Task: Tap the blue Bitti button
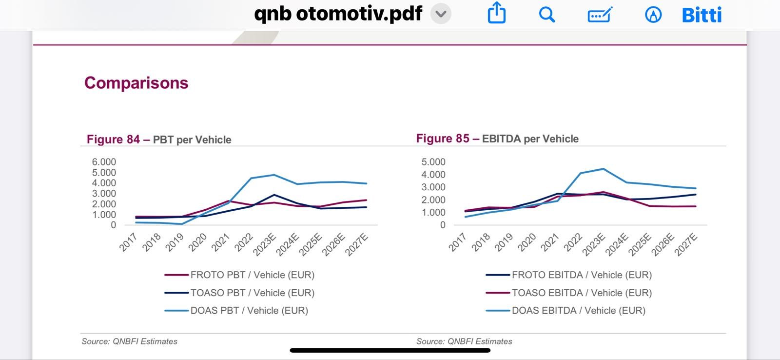(x=702, y=15)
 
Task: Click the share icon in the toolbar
(x=497, y=13)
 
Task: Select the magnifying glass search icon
(x=546, y=15)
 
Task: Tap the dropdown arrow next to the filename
(x=441, y=14)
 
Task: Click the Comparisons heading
(x=136, y=83)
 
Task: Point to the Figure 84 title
(x=159, y=140)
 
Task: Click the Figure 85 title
(x=497, y=139)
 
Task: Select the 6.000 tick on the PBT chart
(x=104, y=161)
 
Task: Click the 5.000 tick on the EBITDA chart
(x=433, y=161)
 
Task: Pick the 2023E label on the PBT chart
(x=265, y=245)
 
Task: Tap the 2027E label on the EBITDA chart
(x=686, y=245)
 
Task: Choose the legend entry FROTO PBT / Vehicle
(x=239, y=275)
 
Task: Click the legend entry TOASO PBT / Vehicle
(x=239, y=293)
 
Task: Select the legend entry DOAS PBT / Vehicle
(x=236, y=311)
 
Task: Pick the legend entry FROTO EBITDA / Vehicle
(x=568, y=275)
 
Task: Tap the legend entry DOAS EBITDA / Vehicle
(x=565, y=311)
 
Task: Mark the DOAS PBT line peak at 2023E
(x=274, y=175)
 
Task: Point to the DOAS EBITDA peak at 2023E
(x=604, y=169)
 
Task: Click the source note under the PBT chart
(x=130, y=341)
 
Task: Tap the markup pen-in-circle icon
(x=653, y=15)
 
